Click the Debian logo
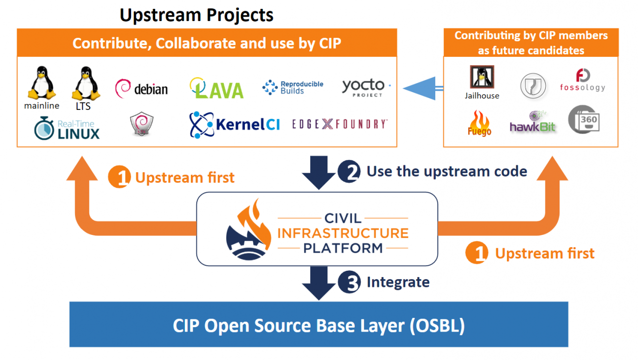click(x=141, y=89)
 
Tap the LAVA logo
click(x=216, y=88)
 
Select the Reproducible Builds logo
click(x=293, y=87)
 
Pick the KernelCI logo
click(x=235, y=124)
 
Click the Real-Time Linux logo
click(x=67, y=128)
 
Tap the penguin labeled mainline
click(x=41, y=83)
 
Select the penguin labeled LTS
click(x=83, y=83)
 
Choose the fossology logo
click(x=583, y=80)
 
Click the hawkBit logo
click(x=532, y=123)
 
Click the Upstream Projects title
click(x=196, y=15)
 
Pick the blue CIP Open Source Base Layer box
click(x=319, y=325)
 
